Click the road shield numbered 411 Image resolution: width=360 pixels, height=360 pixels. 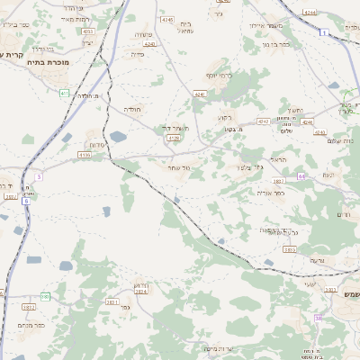[x=64, y=93]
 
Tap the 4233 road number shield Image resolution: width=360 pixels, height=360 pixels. [x=88, y=31]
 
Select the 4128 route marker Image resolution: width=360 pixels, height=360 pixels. [x=174, y=139]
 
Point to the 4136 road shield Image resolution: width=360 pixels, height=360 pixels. [x=85, y=155]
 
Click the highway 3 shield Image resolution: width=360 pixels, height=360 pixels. [x=39, y=176]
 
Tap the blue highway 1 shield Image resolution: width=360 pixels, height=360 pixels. [x=322, y=31]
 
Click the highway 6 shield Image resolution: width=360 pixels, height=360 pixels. [x=26, y=201]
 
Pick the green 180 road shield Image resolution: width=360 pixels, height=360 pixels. [x=46, y=296]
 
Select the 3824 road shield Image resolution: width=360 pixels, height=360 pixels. [x=140, y=291]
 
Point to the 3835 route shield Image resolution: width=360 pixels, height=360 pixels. [x=290, y=249]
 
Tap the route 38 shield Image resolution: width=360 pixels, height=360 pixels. [x=319, y=318]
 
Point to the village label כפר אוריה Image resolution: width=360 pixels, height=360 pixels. [x=270, y=193]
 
